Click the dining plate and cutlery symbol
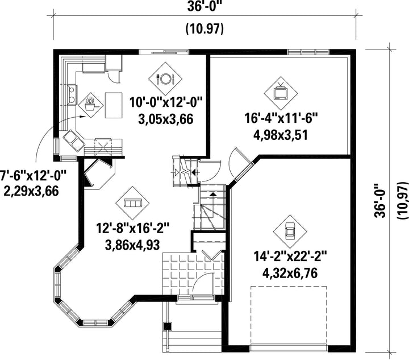pyautogui.click(x=165, y=78)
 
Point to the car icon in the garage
pyautogui.click(x=290, y=231)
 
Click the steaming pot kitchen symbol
pyautogui.click(x=91, y=105)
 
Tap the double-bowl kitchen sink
pyautogui.click(x=74, y=141)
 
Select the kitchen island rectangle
pyautogui.click(x=114, y=105)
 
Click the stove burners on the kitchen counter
pyautogui.click(x=72, y=95)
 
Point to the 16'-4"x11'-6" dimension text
pyautogui.click(x=281, y=118)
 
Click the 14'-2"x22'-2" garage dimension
pyautogui.click(x=290, y=256)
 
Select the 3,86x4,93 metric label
pyautogui.click(x=132, y=245)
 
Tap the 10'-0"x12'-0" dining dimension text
pyautogui.click(x=166, y=102)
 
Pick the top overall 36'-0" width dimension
pyautogui.click(x=204, y=6)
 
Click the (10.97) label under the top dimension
pyautogui.click(x=204, y=28)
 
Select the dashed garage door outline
pyautogui.click(x=289, y=316)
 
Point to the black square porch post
pyautogui.click(x=167, y=326)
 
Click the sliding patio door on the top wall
pyautogui.click(x=164, y=52)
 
